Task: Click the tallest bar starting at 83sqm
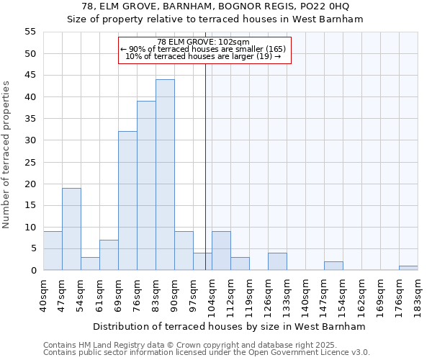click(165, 175)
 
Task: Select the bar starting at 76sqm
click(146, 186)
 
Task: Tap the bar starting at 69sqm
click(127, 201)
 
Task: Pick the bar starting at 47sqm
click(71, 229)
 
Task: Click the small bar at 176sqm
click(408, 268)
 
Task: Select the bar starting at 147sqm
click(333, 266)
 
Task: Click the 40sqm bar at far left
click(53, 251)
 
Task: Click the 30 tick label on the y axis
click(30, 140)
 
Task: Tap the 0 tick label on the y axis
click(32, 271)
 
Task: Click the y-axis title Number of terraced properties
click(6, 154)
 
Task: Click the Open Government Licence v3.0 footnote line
click(207, 352)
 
